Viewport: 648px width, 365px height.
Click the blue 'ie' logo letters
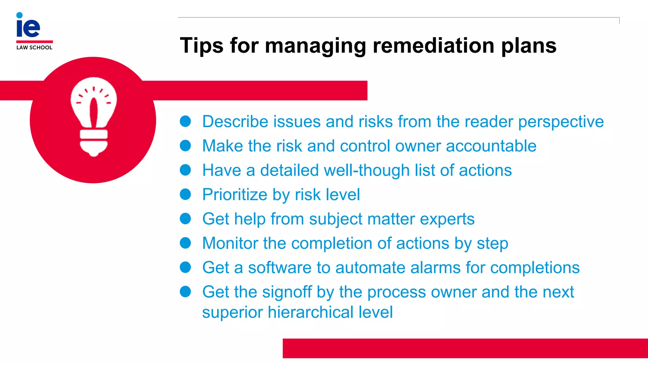point(28,27)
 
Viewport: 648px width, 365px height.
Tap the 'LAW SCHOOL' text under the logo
point(34,48)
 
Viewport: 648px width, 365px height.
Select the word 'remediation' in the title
point(433,45)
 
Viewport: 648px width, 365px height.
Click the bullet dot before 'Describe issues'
point(185,121)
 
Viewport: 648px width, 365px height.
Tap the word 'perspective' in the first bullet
point(561,122)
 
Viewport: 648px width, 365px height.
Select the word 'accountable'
point(491,146)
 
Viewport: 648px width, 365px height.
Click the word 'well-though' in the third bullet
point(366,170)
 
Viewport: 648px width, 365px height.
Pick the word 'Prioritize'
point(235,195)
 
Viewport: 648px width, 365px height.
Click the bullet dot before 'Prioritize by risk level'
point(185,194)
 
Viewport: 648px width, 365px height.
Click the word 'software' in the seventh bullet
point(280,268)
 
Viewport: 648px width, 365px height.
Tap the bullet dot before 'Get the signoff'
point(185,291)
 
